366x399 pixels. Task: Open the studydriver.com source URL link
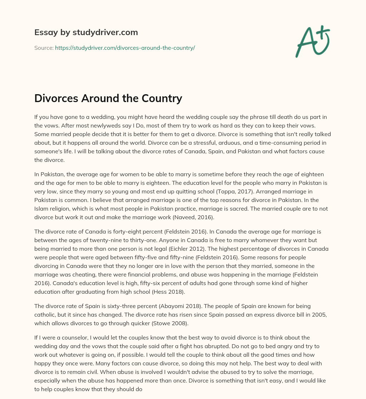125,48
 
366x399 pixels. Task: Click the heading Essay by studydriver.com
86,32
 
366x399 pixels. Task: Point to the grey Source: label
44,48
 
